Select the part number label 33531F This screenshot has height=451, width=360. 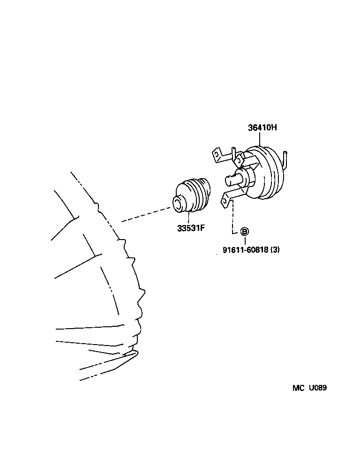coord(191,229)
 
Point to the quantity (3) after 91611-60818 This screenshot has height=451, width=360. coord(275,250)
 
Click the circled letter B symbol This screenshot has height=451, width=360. coord(245,231)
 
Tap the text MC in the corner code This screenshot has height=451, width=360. coord(299,388)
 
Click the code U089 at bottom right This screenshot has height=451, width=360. coord(317,388)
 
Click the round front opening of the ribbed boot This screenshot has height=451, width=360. coord(178,203)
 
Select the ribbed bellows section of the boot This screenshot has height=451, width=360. coord(201,195)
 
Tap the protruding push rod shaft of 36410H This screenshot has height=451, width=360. coord(232,179)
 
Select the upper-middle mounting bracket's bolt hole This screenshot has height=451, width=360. coord(239,161)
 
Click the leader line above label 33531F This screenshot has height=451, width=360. coord(188,218)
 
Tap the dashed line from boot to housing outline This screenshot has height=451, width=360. coord(145,215)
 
